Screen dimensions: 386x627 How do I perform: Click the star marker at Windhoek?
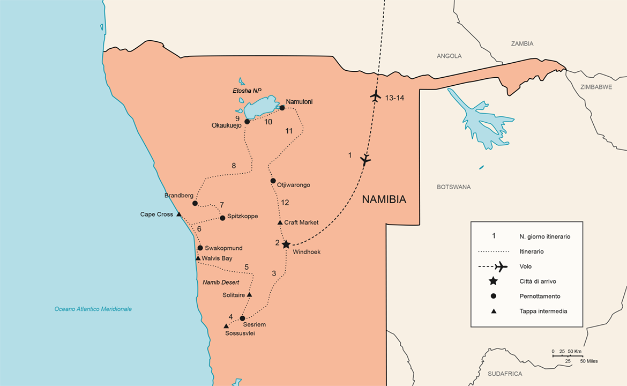tap(286, 244)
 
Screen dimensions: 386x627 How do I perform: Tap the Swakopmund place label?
tap(223, 248)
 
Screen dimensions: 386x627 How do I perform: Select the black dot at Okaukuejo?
tap(247, 122)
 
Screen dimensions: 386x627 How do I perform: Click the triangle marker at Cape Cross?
tap(178, 214)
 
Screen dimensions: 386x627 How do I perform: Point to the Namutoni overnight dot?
tap(282, 108)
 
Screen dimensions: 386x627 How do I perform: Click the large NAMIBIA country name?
tap(384, 199)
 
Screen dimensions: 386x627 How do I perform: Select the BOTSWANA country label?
tap(453, 187)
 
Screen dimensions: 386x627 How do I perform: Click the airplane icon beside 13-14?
tap(375, 97)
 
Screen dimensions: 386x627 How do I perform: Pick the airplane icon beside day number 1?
tap(365, 159)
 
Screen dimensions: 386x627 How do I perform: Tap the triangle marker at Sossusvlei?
tap(226, 326)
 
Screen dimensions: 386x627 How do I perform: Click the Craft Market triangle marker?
tap(280, 222)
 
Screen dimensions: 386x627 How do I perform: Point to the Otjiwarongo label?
tap(293, 185)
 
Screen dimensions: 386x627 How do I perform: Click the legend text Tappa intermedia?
tap(543, 311)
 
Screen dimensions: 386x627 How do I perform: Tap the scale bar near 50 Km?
tap(568, 355)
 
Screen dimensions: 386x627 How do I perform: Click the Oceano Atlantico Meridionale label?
tap(93, 309)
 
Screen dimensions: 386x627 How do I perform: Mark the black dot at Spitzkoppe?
tap(222, 218)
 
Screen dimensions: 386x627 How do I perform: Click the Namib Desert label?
tap(220, 282)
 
